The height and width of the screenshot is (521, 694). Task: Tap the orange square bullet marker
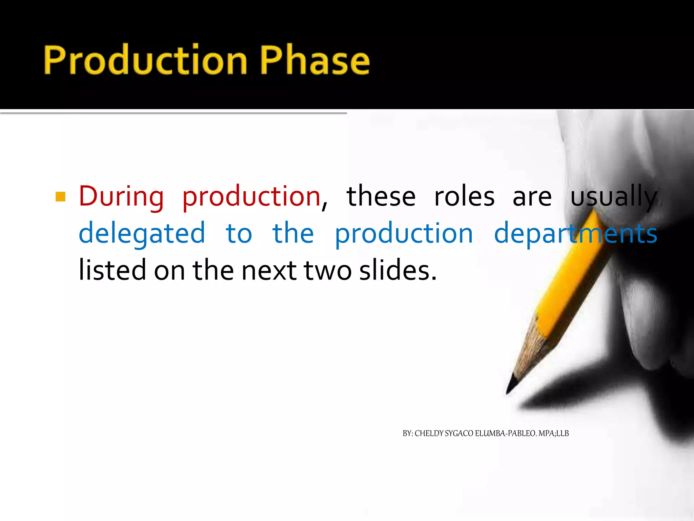point(60,197)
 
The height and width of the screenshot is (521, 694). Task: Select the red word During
point(121,197)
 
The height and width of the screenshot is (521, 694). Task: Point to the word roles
point(464,197)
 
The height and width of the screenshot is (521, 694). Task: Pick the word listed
point(112,270)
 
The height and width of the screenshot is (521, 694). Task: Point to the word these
point(381,197)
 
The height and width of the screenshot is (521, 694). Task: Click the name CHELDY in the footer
point(429,433)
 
